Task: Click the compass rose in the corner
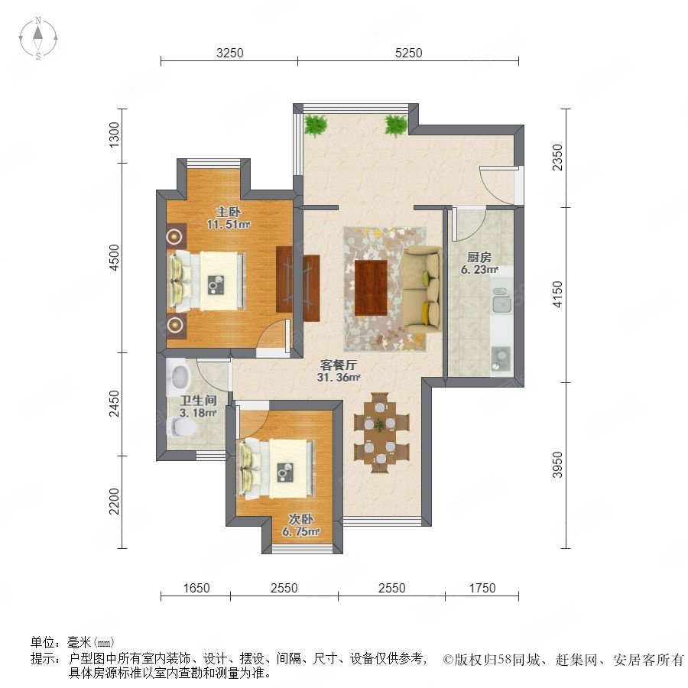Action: point(38,38)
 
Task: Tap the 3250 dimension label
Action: point(230,53)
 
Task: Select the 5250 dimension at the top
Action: point(408,53)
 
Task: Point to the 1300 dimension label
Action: point(114,135)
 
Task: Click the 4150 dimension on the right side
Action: point(557,294)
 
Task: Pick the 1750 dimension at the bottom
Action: point(482,588)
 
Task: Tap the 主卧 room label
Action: point(228,212)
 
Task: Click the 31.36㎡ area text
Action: point(339,378)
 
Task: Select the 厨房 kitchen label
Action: point(479,257)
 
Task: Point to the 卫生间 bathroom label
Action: point(198,400)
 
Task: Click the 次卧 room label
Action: point(300,519)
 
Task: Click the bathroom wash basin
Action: point(179,377)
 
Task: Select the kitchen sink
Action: point(501,300)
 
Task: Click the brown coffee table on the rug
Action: point(371,288)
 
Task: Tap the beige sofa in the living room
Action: point(422,290)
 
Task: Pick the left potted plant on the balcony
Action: point(316,125)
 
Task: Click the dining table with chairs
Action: point(381,433)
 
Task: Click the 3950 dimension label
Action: point(557,465)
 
